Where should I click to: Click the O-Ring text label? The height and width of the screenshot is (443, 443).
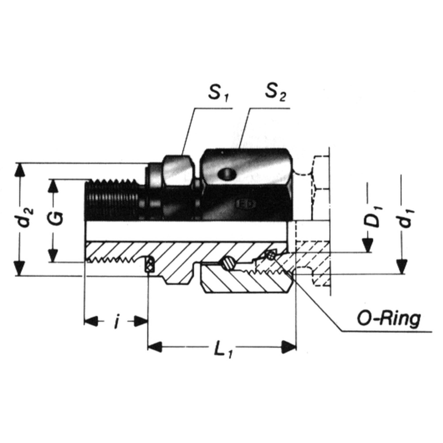click(x=389, y=319)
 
